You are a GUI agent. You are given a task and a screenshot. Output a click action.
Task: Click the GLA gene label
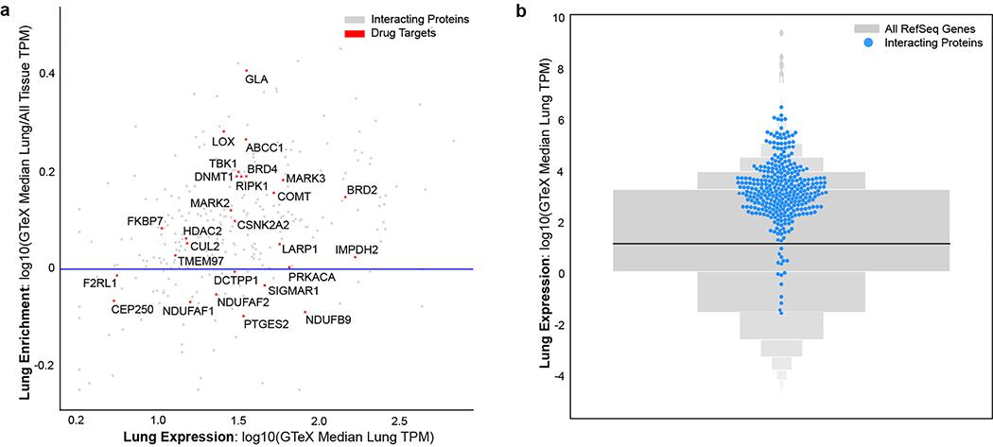point(256,79)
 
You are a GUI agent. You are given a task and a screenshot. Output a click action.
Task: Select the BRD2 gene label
point(362,190)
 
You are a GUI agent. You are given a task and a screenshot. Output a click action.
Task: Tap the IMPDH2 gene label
point(357,249)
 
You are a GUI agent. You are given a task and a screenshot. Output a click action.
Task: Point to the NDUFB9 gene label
point(328,320)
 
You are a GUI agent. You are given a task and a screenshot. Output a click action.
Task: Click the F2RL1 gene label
point(99,283)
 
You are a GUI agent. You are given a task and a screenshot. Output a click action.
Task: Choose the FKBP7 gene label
point(146,220)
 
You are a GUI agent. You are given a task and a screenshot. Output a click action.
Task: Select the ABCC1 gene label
point(265,148)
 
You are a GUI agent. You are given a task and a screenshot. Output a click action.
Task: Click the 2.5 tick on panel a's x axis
point(400,418)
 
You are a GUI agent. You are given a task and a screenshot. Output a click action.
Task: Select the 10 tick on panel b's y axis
point(561,18)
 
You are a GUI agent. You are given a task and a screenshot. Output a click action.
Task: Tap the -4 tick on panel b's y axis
point(561,376)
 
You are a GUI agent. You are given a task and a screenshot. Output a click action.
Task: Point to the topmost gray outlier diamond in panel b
point(781,33)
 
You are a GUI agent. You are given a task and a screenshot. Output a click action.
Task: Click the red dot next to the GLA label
point(247,71)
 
